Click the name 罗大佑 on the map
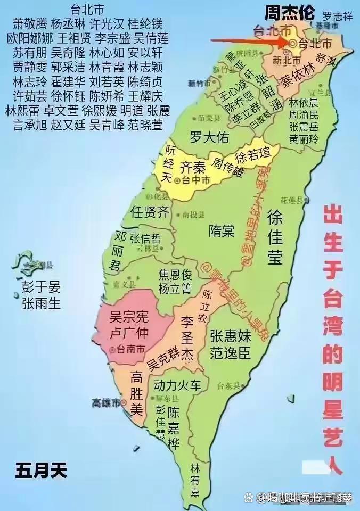coord(210,137)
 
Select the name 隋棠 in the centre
coord(222,231)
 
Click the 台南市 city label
coord(130,349)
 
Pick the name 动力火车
coord(177,384)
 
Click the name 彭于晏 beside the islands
coord(41,287)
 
